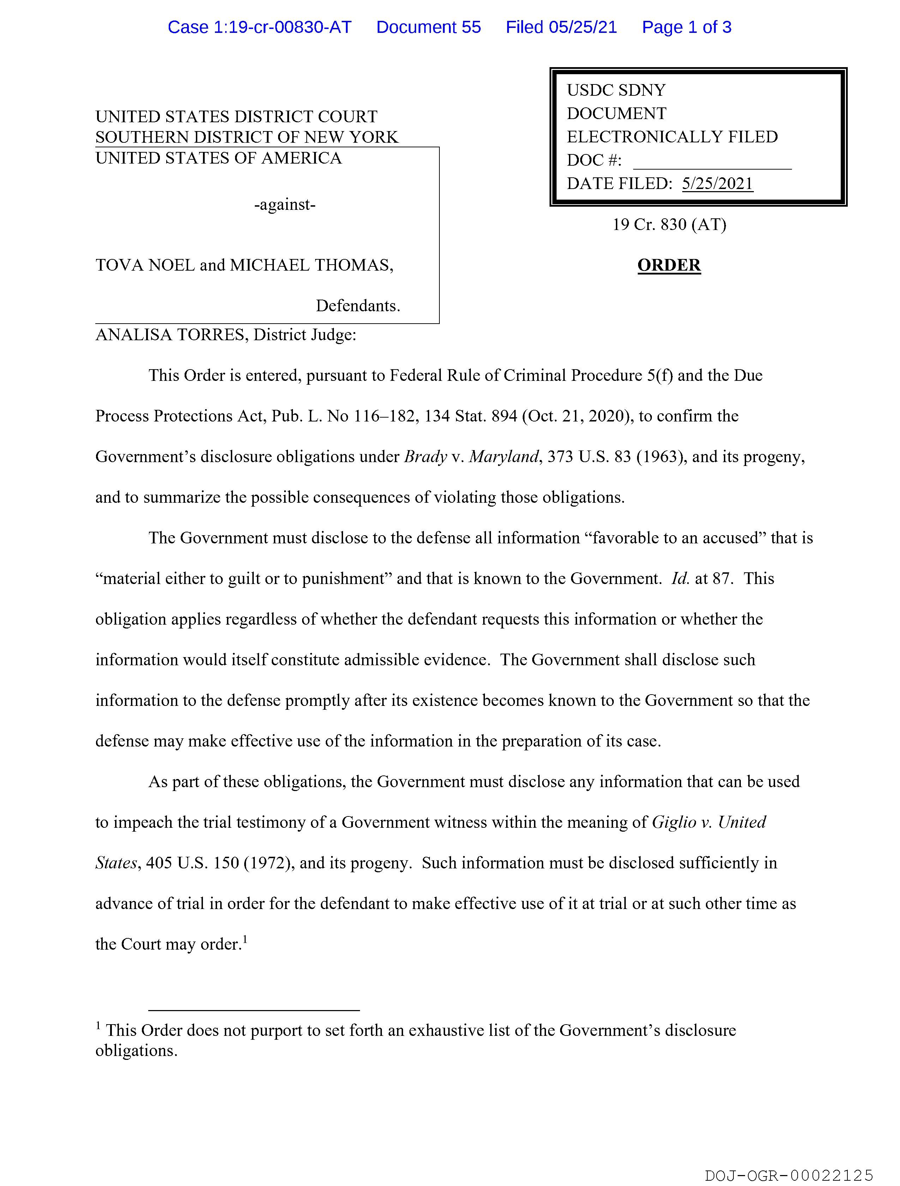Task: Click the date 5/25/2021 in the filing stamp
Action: click(x=717, y=184)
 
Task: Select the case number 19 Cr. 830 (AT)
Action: click(x=669, y=225)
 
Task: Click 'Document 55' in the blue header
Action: click(x=428, y=27)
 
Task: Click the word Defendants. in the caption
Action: click(x=358, y=306)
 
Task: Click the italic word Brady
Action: click(x=425, y=457)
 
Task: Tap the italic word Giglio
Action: click(x=674, y=822)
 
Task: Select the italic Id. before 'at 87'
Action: click(x=680, y=579)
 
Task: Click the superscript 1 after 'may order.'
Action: click(x=245, y=939)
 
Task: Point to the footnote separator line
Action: click(x=253, y=1010)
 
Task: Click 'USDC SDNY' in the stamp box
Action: click(x=616, y=90)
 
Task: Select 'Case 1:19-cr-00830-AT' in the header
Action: click(x=259, y=27)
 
